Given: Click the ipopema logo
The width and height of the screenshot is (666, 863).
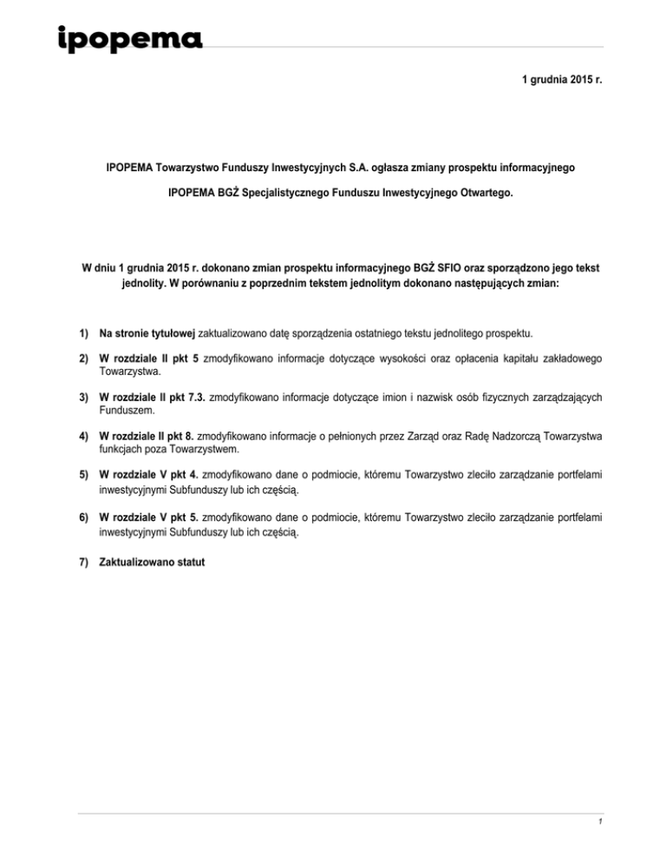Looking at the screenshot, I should pos(129,40).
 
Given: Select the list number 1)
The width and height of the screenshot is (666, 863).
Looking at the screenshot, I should pos(85,333).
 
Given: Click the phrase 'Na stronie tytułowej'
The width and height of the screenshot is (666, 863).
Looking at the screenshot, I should pos(147,333).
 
